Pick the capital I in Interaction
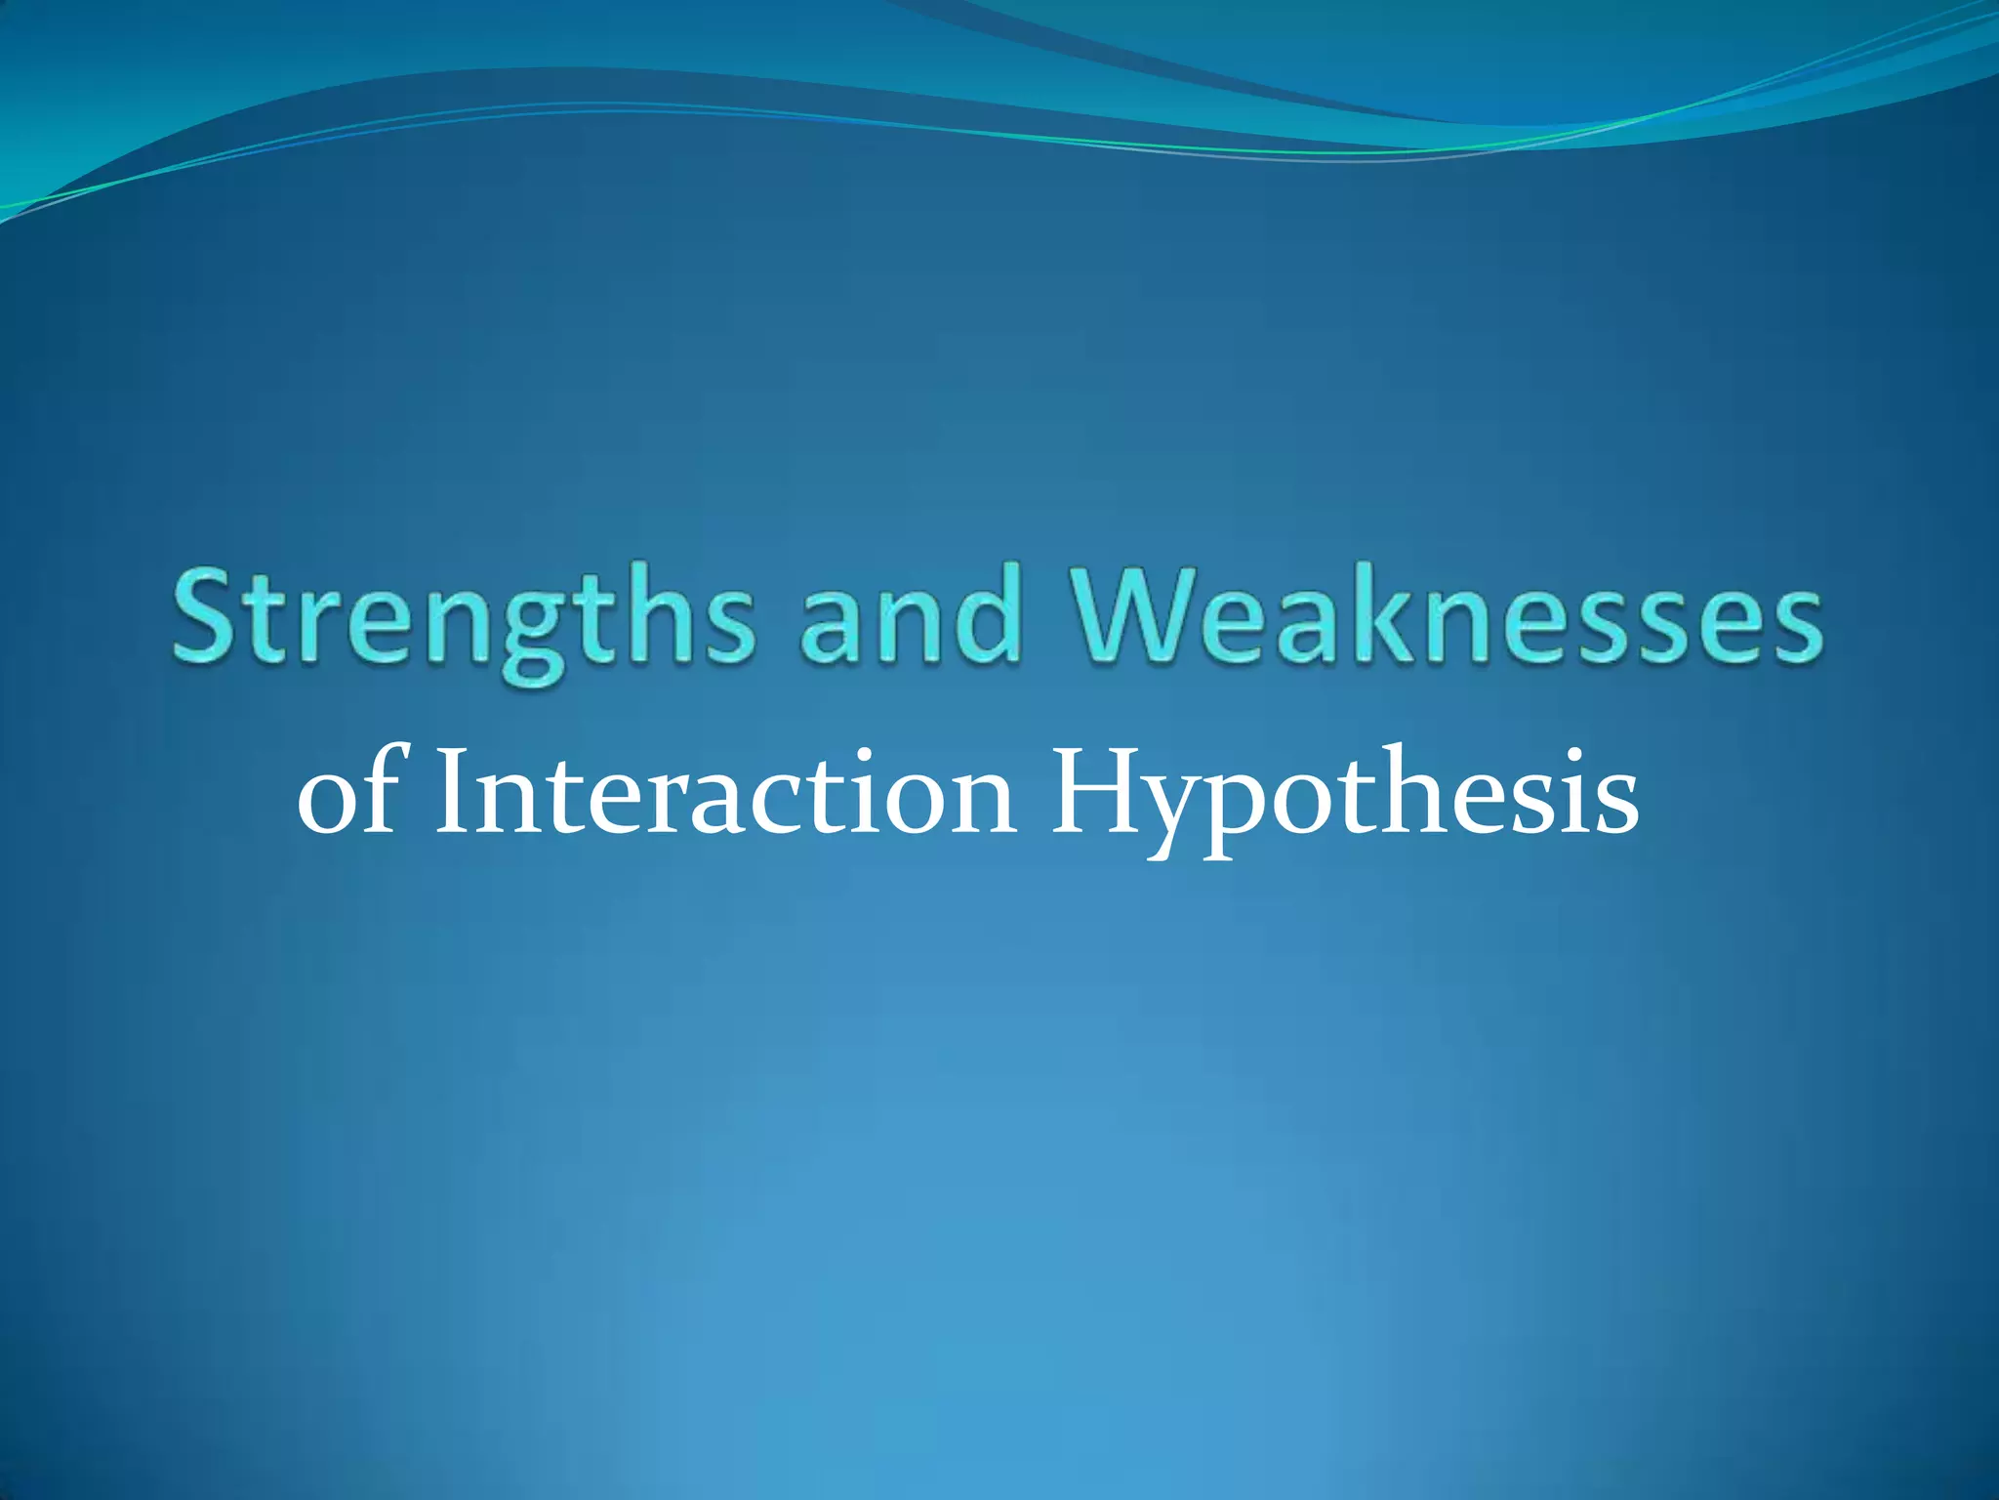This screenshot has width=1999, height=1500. point(452,791)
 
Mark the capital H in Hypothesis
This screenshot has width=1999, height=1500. point(1094,791)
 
